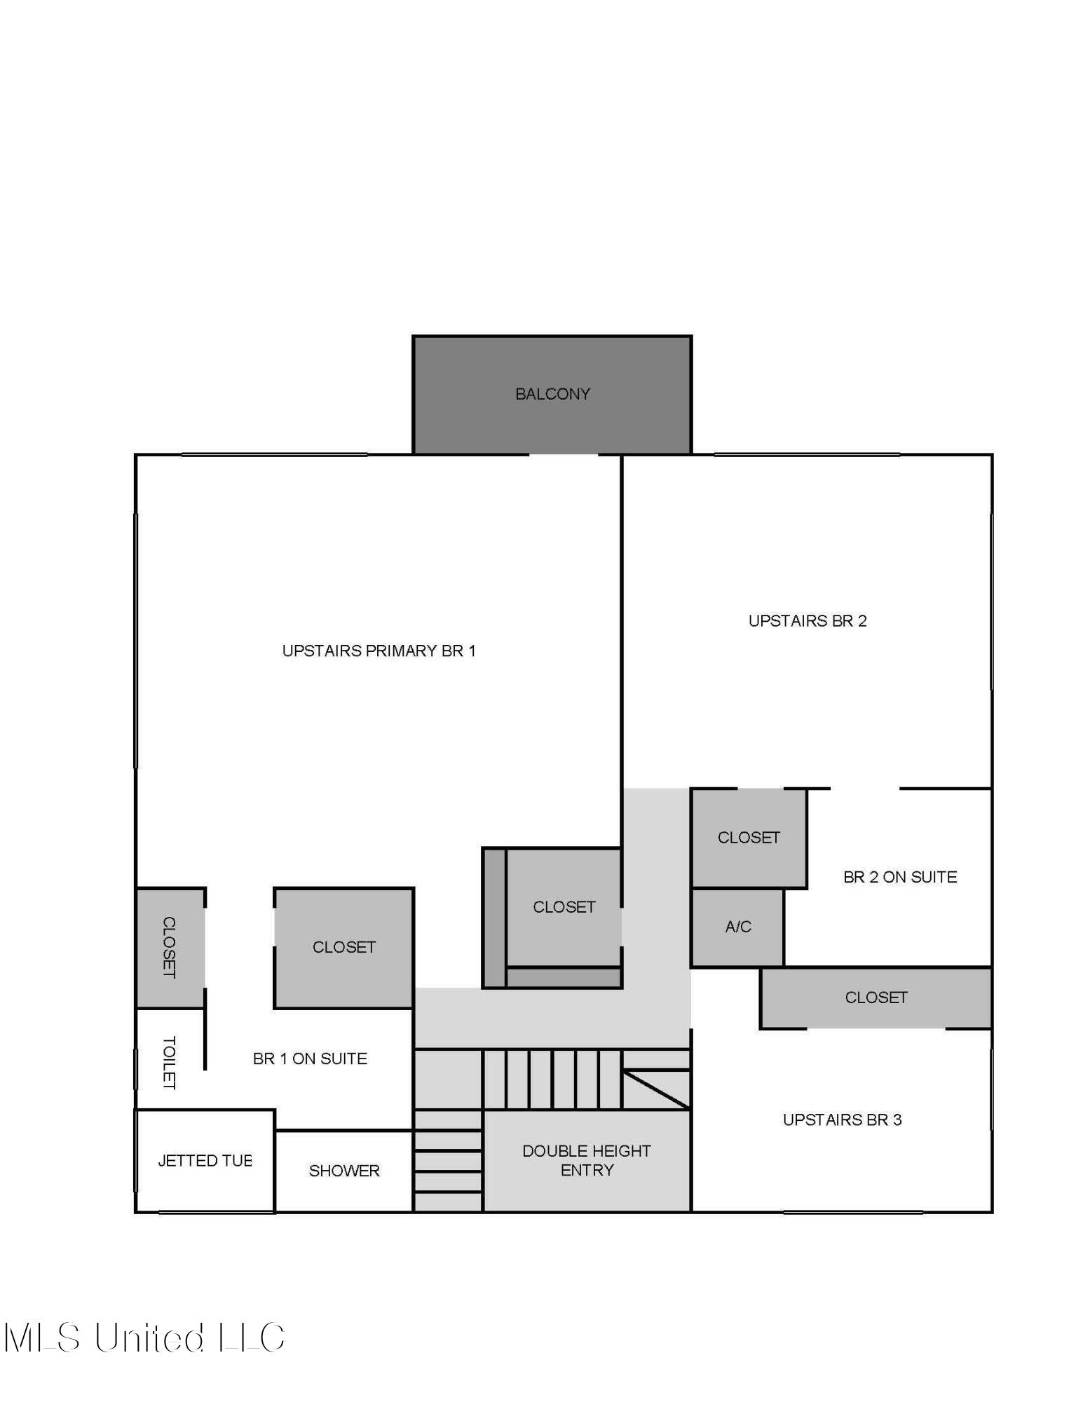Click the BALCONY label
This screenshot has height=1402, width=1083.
[552, 394]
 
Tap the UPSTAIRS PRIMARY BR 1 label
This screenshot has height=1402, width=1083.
[379, 651]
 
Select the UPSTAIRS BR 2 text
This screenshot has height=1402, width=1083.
[807, 620]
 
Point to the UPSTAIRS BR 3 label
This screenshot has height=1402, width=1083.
[841, 1119]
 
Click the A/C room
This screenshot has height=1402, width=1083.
[737, 927]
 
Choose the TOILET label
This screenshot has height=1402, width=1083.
[169, 1062]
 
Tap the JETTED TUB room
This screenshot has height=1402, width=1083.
[204, 1160]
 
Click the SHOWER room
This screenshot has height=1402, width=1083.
[343, 1171]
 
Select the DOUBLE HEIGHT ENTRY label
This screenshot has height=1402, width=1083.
[586, 1160]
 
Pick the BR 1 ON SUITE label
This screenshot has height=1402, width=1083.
[310, 1059]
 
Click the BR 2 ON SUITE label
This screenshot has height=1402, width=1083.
[899, 877]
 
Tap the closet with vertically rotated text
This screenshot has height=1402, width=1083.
[170, 947]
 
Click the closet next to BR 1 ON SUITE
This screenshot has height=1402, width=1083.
[343, 947]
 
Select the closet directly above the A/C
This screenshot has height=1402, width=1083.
[748, 838]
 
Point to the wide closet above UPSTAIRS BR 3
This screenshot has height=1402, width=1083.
[876, 998]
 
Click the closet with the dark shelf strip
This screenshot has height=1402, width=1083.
[564, 907]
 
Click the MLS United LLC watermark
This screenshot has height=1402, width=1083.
[144, 1337]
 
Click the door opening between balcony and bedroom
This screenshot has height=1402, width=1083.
[563, 455]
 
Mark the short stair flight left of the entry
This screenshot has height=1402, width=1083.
[447, 1160]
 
